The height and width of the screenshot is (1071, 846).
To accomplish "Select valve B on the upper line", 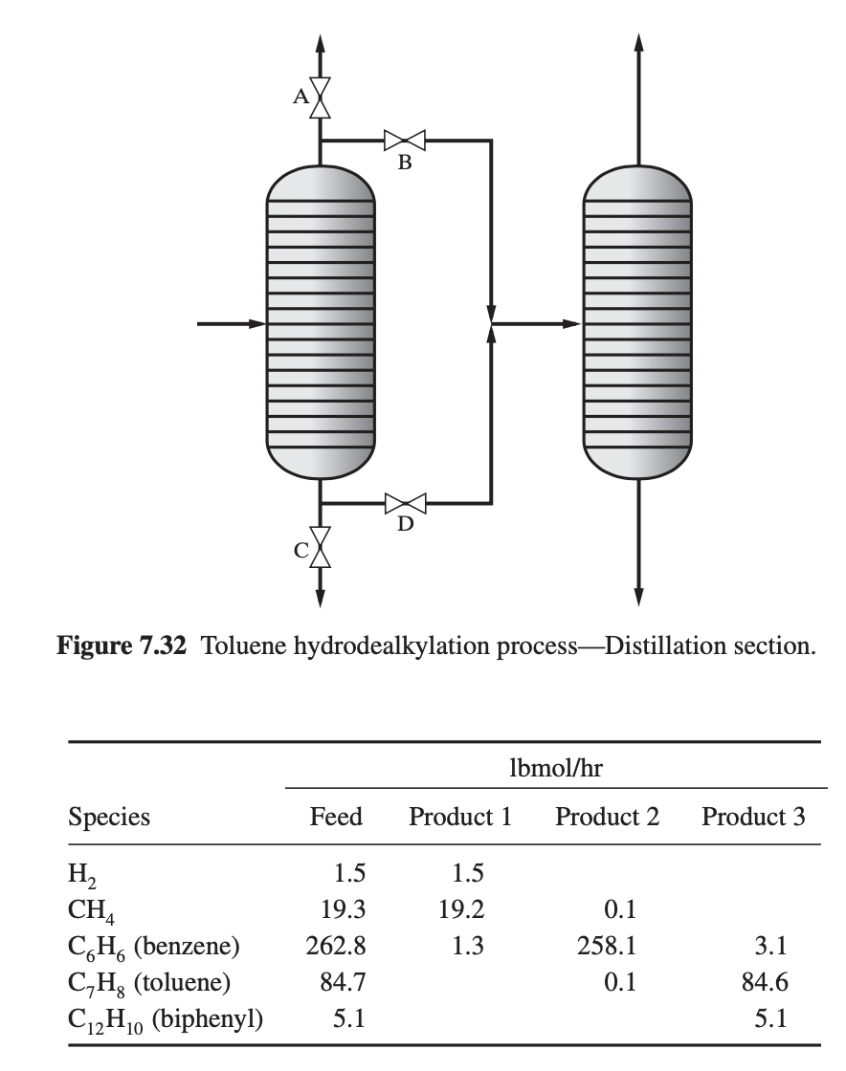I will coord(405,140).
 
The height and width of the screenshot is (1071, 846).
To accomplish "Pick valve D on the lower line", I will coord(405,502).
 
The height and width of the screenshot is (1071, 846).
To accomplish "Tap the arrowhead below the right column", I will coord(638,597).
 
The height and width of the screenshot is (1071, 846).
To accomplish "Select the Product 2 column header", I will coord(608,818).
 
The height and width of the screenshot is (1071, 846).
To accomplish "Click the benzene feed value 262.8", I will coord(334,947).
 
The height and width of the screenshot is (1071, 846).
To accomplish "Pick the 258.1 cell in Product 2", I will coord(608,947).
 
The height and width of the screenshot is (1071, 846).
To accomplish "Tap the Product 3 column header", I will coord(753,818).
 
